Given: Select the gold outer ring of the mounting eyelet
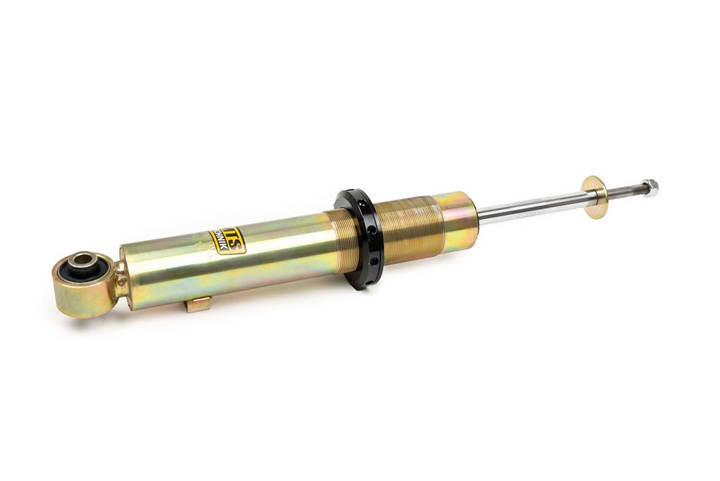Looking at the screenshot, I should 70,295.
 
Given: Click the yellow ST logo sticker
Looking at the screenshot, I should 229,240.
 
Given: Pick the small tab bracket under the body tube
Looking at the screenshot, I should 198,303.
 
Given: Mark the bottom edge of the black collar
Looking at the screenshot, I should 369,285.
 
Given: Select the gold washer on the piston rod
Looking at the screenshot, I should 594,196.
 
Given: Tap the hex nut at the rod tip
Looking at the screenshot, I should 650,186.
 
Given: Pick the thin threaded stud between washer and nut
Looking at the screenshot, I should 624,189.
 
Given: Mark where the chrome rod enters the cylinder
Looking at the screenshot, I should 479,214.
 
